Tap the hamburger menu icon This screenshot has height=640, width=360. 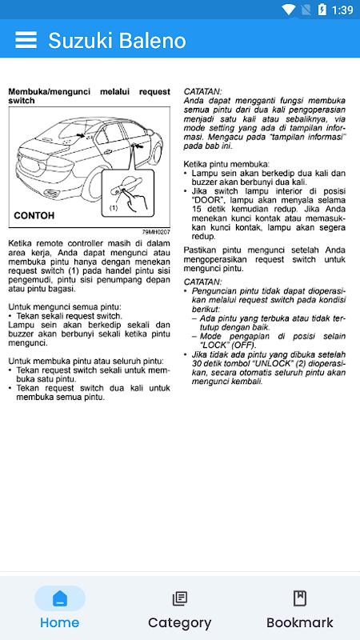26,40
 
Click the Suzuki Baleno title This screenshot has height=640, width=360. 117,41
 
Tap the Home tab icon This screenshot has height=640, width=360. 60,598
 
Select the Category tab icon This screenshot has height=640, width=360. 179,598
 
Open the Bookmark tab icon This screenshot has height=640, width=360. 300,598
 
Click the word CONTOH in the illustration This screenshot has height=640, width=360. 34,215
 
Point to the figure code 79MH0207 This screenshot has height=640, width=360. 156,232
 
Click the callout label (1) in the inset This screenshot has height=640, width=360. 114,207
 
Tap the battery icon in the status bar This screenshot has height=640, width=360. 322,10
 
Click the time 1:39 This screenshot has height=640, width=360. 342,10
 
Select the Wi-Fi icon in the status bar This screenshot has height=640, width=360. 289,10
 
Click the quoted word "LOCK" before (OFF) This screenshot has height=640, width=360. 214,346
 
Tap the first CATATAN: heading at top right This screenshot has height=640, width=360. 203,91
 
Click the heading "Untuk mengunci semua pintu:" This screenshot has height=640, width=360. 65,307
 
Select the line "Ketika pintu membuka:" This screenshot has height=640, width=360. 226,164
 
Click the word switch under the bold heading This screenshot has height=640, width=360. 22,101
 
